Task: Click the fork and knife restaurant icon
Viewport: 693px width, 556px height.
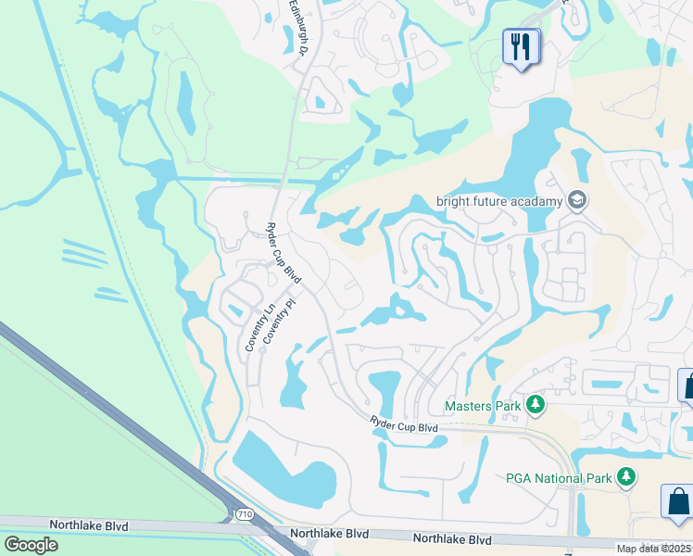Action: coord(520,45)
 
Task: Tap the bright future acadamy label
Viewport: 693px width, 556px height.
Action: coord(499,201)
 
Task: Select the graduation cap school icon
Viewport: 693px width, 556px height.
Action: coord(577,201)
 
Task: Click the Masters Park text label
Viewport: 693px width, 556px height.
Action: coord(483,405)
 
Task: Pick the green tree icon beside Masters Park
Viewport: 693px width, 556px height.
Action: coord(534,405)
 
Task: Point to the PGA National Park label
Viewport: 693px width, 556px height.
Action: coord(560,478)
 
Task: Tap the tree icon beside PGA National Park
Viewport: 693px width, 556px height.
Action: coord(627,477)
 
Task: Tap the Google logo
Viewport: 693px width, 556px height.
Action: coord(31,544)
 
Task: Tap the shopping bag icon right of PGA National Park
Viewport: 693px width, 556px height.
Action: coord(678,501)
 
